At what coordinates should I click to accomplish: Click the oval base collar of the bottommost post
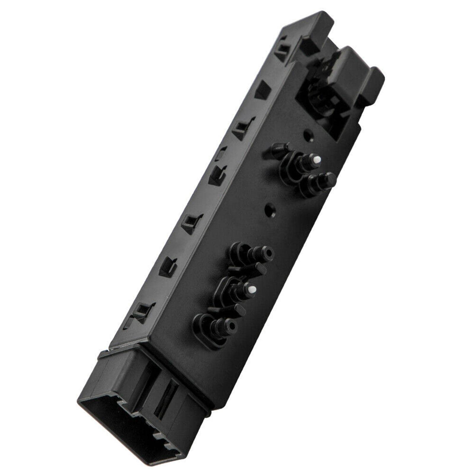pyautogui.click(x=207, y=333)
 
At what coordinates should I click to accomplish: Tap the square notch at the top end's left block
pyautogui.click(x=310, y=44)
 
